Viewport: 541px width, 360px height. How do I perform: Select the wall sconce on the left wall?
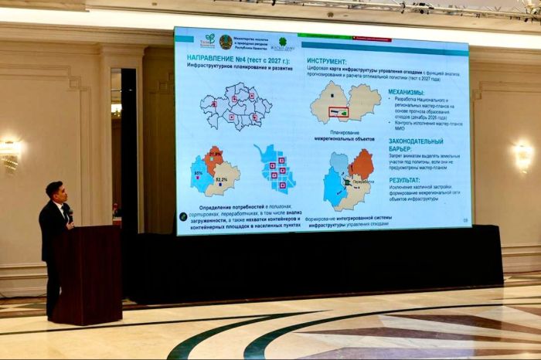[x=9, y=154]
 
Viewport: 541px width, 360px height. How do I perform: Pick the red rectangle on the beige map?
[x=337, y=112]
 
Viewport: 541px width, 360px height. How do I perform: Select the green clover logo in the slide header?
[x=283, y=42]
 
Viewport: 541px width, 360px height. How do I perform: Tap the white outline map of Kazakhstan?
[x=236, y=106]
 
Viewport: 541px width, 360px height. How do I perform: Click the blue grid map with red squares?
[x=276, y=168]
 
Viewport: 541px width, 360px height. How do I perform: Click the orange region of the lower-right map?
[x=361, y=163]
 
